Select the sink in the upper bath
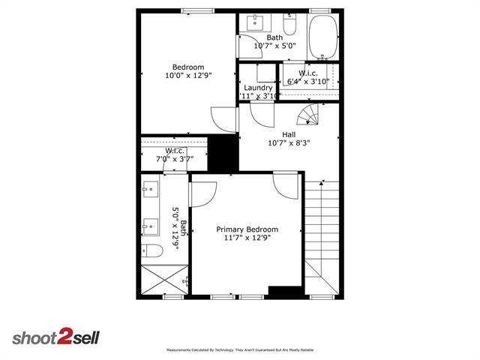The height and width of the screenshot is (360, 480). coord(253,21)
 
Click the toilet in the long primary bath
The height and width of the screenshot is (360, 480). coord(150,250)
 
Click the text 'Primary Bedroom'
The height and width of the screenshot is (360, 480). coord(247,229)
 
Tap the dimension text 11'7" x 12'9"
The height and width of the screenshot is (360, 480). coord(247,238)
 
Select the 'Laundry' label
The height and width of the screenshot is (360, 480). coord(258,88)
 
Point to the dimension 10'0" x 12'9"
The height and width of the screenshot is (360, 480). coord(188,75)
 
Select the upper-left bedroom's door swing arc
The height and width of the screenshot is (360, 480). coord(223,118)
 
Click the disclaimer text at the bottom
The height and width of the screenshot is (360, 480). coord(239,350)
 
